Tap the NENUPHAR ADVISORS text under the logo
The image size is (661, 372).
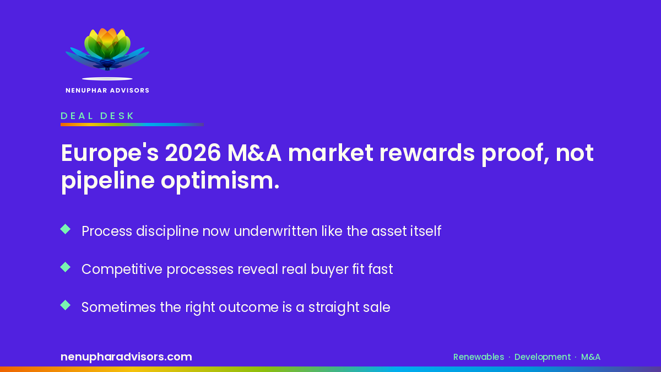click(107, 90)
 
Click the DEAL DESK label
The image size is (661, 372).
click(97, 116)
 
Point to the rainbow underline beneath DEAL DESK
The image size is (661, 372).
click(132, 125)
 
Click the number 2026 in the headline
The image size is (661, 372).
click(193, 153)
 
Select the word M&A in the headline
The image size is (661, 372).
click(254, 153)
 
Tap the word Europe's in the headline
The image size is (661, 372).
click(110, 154)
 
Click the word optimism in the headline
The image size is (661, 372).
click(220, 181)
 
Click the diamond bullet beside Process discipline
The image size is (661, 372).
click(65, 229)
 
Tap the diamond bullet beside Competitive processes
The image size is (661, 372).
click(65, 267)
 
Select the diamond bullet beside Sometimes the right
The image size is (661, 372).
click(65, 305)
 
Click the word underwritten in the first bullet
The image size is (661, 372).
click(275, 231)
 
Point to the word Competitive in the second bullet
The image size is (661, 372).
click(122, 269)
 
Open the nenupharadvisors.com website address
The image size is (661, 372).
click(126, 357)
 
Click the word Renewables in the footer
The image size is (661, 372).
click(479, 357)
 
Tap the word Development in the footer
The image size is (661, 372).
click(543, 357)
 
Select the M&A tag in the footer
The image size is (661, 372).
click(590, 357)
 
